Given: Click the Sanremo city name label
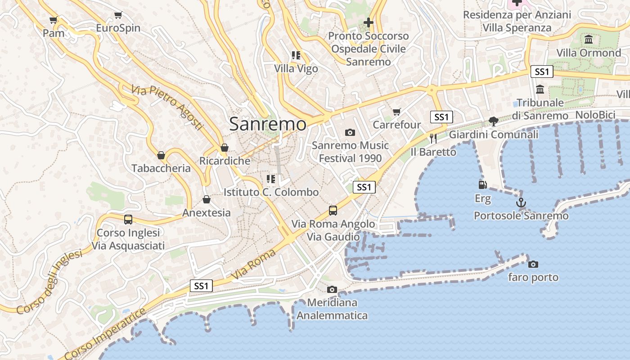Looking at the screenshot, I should tap(268, 124).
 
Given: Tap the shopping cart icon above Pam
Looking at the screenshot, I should tap(54, 20).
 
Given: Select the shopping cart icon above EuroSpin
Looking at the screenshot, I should tap(118, 15).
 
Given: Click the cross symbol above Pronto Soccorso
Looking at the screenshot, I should tap(369, 22).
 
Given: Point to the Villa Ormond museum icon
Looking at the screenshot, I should tap(589, 40).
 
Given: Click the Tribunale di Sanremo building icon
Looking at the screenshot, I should tap(540, 89).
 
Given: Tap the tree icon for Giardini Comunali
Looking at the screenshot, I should tap(494, 121).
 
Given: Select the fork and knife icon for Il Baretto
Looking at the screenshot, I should tap(433, 139).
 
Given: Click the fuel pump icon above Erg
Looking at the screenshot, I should tap(482, 184).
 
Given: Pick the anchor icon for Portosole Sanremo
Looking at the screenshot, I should tap(521, 202).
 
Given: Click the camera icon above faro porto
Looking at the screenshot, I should tap(533, 264).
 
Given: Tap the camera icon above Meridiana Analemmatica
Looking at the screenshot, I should tap(332, 289).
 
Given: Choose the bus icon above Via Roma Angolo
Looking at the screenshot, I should tap(333, 210).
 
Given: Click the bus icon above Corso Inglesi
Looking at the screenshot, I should tap(128, 220).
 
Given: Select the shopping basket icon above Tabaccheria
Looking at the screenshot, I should tap(161, 155).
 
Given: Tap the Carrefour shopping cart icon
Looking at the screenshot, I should tap(396, 112).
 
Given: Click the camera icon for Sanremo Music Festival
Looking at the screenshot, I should tap(350, 132).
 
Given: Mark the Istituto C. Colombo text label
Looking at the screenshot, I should tap(271, 192).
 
